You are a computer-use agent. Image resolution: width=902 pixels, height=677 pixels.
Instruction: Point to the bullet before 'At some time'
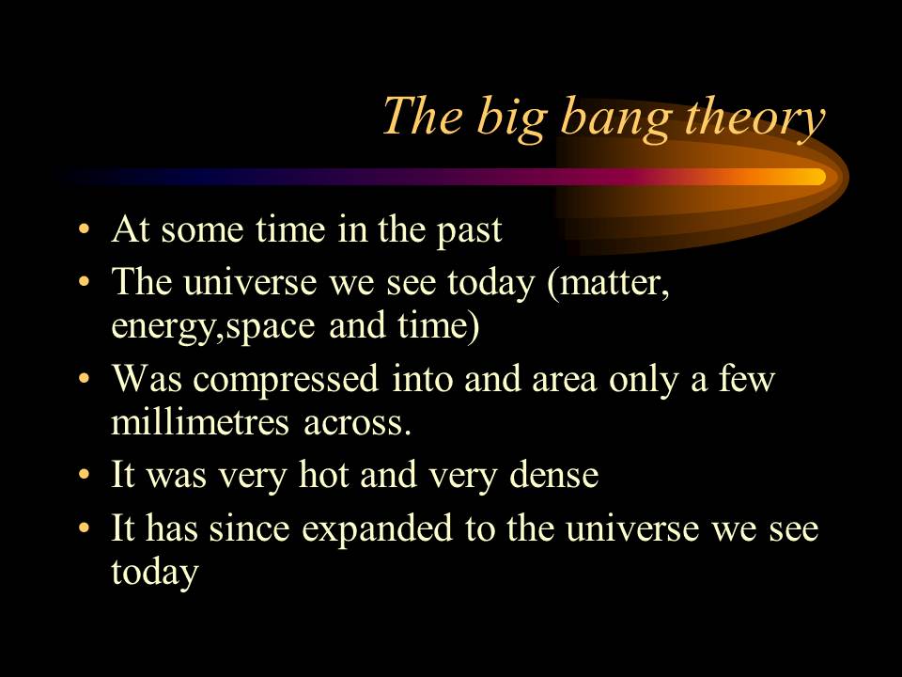coord(86,231)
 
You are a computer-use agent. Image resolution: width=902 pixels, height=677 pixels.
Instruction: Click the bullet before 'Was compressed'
coord(86,380)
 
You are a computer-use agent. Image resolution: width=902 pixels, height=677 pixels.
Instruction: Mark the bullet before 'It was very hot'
coord(86,476)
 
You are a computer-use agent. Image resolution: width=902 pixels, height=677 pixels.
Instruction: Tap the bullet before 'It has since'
coord(86,529)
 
